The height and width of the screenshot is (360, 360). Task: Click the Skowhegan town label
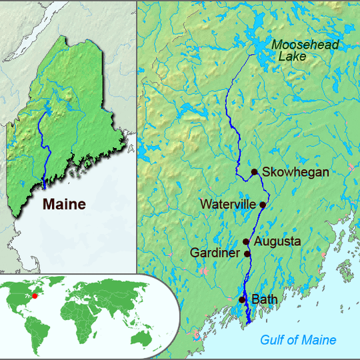[295, 172]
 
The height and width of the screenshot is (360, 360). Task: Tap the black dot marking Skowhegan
[254, 172]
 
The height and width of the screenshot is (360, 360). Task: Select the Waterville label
[228, 203]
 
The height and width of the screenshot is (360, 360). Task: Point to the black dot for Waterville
[263, 205]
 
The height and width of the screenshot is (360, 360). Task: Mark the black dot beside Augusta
[246, 241]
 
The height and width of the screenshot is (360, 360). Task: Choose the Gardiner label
[215, 253]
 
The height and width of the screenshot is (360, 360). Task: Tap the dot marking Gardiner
[247, 253]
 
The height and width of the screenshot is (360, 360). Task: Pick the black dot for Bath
[242, 300]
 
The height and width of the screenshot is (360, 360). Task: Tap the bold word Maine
[64, 204]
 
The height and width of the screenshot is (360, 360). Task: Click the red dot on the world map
[35, 295]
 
